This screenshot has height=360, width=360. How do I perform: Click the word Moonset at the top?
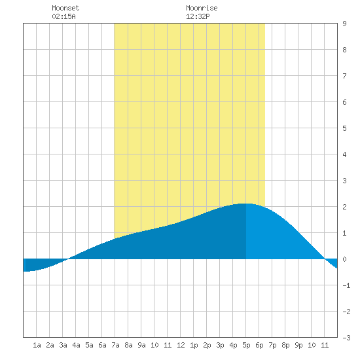(65, 8)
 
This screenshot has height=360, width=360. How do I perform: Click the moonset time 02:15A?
(63, 16)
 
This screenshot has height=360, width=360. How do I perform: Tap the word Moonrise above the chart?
(202, 8)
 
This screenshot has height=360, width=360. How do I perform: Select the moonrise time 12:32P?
(198, 16)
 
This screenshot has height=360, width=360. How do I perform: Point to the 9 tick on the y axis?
(344, 24)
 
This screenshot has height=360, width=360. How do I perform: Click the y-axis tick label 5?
(344, 128)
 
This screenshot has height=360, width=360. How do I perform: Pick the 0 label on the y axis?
(344, 259)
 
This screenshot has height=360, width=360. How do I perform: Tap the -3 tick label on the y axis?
(346, 338)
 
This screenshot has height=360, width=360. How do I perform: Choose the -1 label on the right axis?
(346, 285)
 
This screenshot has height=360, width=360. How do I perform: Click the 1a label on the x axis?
(37, 345)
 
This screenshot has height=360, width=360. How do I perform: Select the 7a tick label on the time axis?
(115, 345)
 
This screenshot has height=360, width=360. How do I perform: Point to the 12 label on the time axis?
(181, 345)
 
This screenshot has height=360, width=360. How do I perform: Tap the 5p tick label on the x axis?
(246, 345)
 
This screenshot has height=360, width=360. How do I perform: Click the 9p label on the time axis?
(298, 345)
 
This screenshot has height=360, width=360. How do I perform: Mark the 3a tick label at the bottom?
(63, 345)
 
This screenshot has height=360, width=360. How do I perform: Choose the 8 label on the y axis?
(344, 50)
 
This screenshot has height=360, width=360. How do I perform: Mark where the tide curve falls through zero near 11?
(325, 259)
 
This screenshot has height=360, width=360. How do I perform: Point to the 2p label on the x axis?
(207, 345)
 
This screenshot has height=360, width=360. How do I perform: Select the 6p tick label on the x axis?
(259, 345)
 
